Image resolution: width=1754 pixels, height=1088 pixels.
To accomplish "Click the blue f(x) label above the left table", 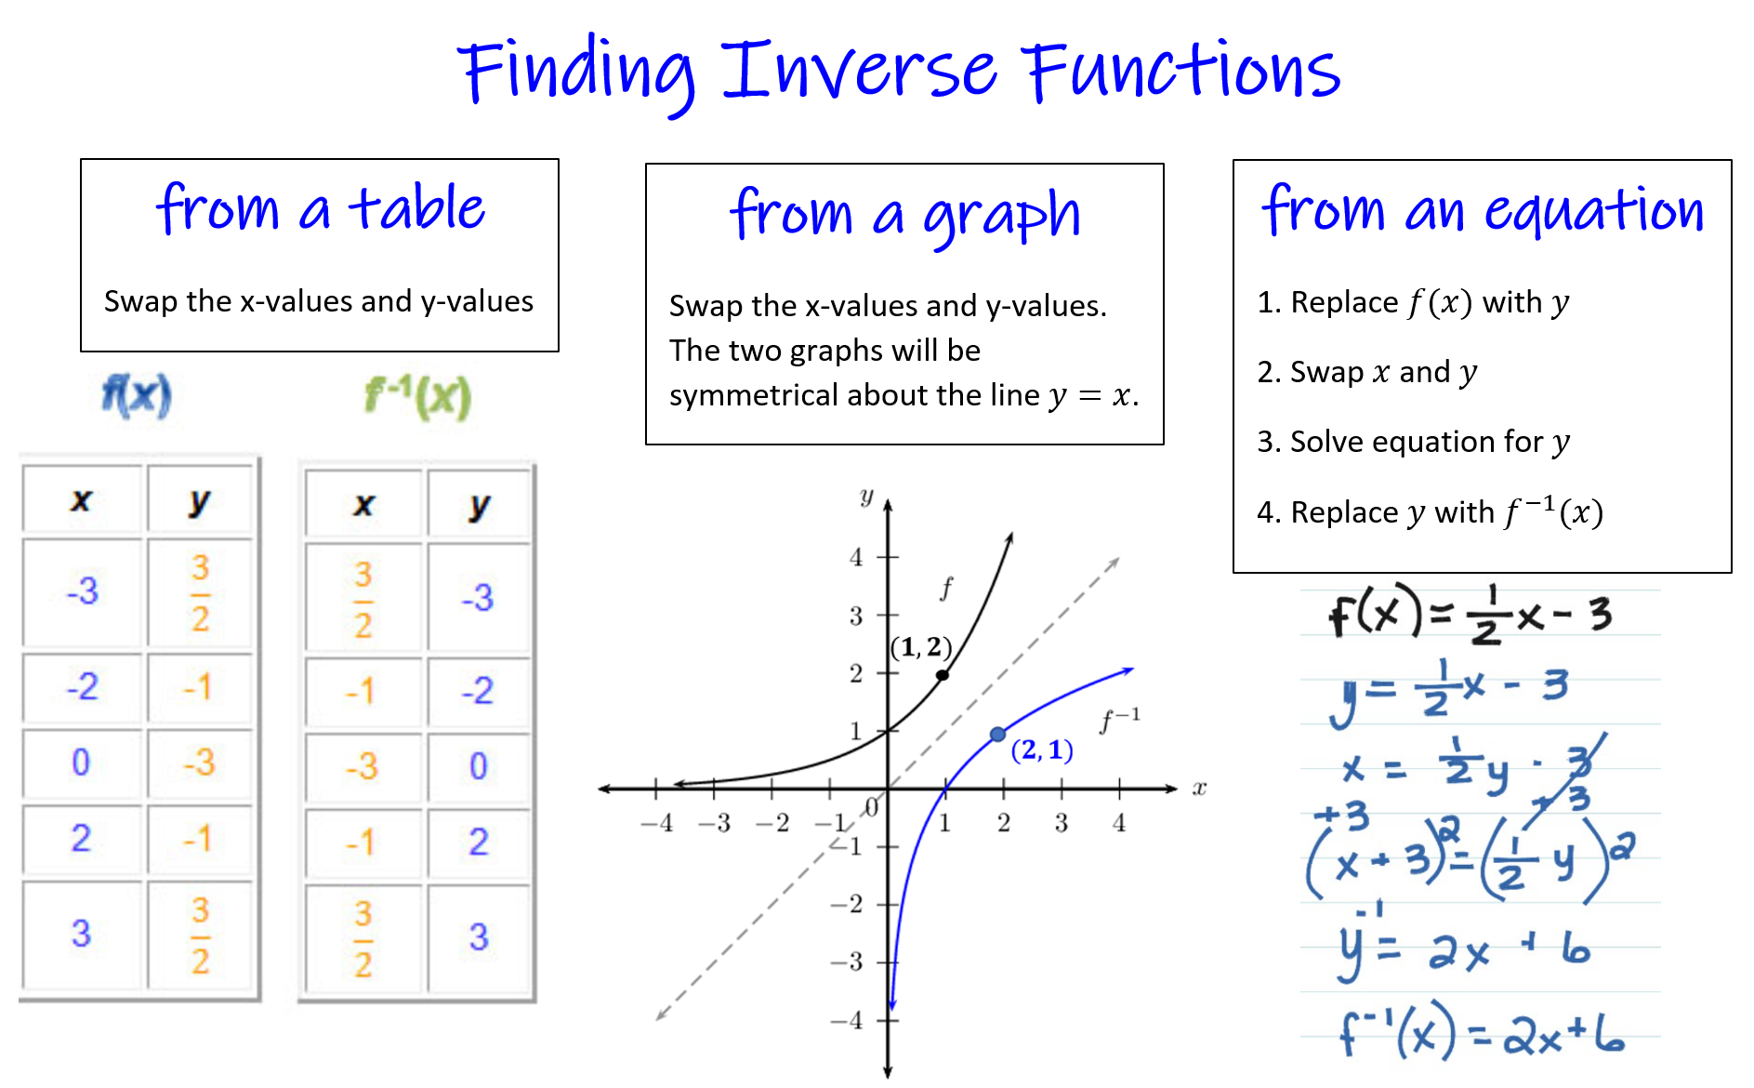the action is [x=137, y=395].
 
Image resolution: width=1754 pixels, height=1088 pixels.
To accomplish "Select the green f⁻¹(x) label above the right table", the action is [x=418, y=397].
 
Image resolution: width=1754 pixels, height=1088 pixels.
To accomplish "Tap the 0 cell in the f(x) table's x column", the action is [x=82, y=763].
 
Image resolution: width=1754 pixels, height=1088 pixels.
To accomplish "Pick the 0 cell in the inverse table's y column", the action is [x=479, y=766].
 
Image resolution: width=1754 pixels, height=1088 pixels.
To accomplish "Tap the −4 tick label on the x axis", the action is [x=656, y=823].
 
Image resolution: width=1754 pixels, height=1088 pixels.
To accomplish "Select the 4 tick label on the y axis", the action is [x=856, y=557].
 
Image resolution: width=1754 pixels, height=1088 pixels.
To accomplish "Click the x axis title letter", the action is [x=1199, y=789].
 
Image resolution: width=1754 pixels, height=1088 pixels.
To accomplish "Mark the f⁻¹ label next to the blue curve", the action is [x=1119, y=720].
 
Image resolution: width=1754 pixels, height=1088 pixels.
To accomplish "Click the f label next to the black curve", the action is [x=946, y=588].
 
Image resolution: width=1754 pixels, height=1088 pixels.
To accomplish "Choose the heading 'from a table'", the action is [x=321, y=208].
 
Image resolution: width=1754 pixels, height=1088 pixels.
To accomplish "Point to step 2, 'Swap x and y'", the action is [x=1366, y=372].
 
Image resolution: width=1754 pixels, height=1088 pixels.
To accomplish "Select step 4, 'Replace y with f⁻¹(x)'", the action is [x=1430, y=511].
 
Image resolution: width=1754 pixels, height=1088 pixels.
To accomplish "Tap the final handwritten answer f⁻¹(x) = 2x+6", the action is [x=1483, y=1032].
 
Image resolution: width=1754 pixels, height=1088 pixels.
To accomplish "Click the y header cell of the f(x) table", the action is [x=199, y=501].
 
